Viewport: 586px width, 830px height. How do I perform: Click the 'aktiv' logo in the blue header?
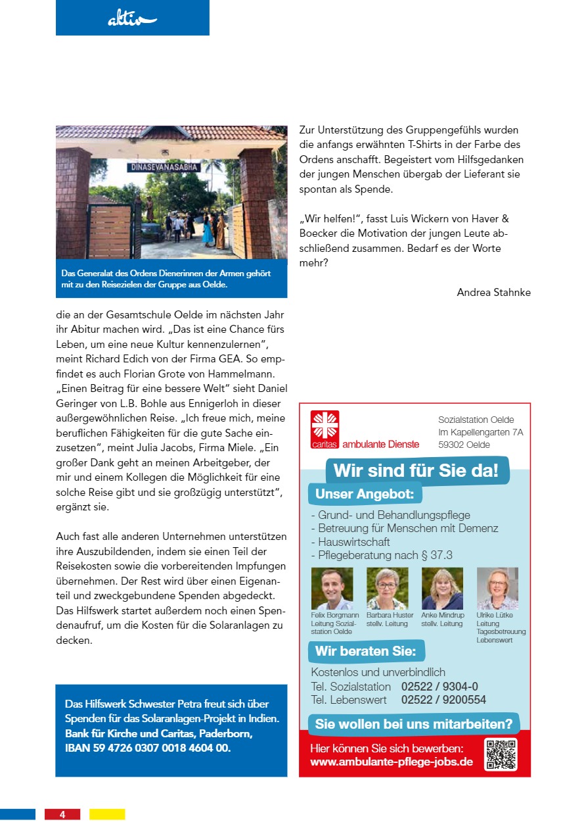(x=132, y=20)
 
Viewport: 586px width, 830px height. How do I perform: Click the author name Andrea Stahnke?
(x=493, y=292)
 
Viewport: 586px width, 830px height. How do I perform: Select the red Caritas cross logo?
(x=325, y=426)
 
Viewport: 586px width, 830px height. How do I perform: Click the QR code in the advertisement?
(x=501, y=754)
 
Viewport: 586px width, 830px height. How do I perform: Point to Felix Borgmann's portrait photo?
(x=332, y=589)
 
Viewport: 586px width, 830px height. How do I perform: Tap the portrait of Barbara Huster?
(x=387, y=589)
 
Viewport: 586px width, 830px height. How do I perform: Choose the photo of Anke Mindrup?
(x=442, y=589)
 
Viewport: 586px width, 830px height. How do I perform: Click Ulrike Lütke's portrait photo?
(x=497, y=589)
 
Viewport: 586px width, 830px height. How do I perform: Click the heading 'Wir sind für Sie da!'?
(x=416, y=471)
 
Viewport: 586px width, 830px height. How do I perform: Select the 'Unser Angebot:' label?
(x=365, y=494)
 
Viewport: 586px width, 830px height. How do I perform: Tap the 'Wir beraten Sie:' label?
(x=365, y=652)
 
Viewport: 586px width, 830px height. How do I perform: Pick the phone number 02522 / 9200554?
(x=443, y=700)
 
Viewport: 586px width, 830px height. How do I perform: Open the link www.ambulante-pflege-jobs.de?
(x=391, y=762)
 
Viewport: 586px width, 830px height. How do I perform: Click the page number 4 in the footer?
(x=62, y=814)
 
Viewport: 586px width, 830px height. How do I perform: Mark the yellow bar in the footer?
(x=107, y=814)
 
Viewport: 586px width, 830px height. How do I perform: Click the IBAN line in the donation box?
(x=148, y=748)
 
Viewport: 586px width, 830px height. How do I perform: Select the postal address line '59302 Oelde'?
(x=464, y=445)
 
